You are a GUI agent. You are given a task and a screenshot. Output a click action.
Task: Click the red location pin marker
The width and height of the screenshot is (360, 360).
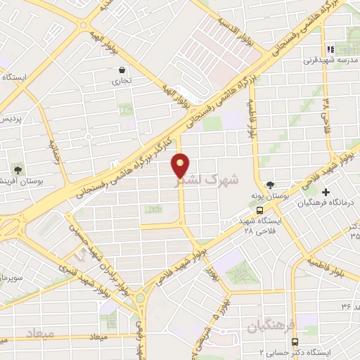[180, 165]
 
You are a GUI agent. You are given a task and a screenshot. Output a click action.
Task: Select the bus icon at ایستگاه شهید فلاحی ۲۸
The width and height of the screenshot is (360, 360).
[260, 210]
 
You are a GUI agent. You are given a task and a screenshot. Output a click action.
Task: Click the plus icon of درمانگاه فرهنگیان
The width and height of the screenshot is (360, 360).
[325, 192]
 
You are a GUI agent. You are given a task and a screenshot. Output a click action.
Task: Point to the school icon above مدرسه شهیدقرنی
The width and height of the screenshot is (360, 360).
[336, 49]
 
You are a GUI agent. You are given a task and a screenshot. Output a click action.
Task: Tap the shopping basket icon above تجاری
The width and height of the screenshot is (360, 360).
[123, 70]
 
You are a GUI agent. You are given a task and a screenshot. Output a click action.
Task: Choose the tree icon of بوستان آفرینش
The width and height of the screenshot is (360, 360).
[15, 169]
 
